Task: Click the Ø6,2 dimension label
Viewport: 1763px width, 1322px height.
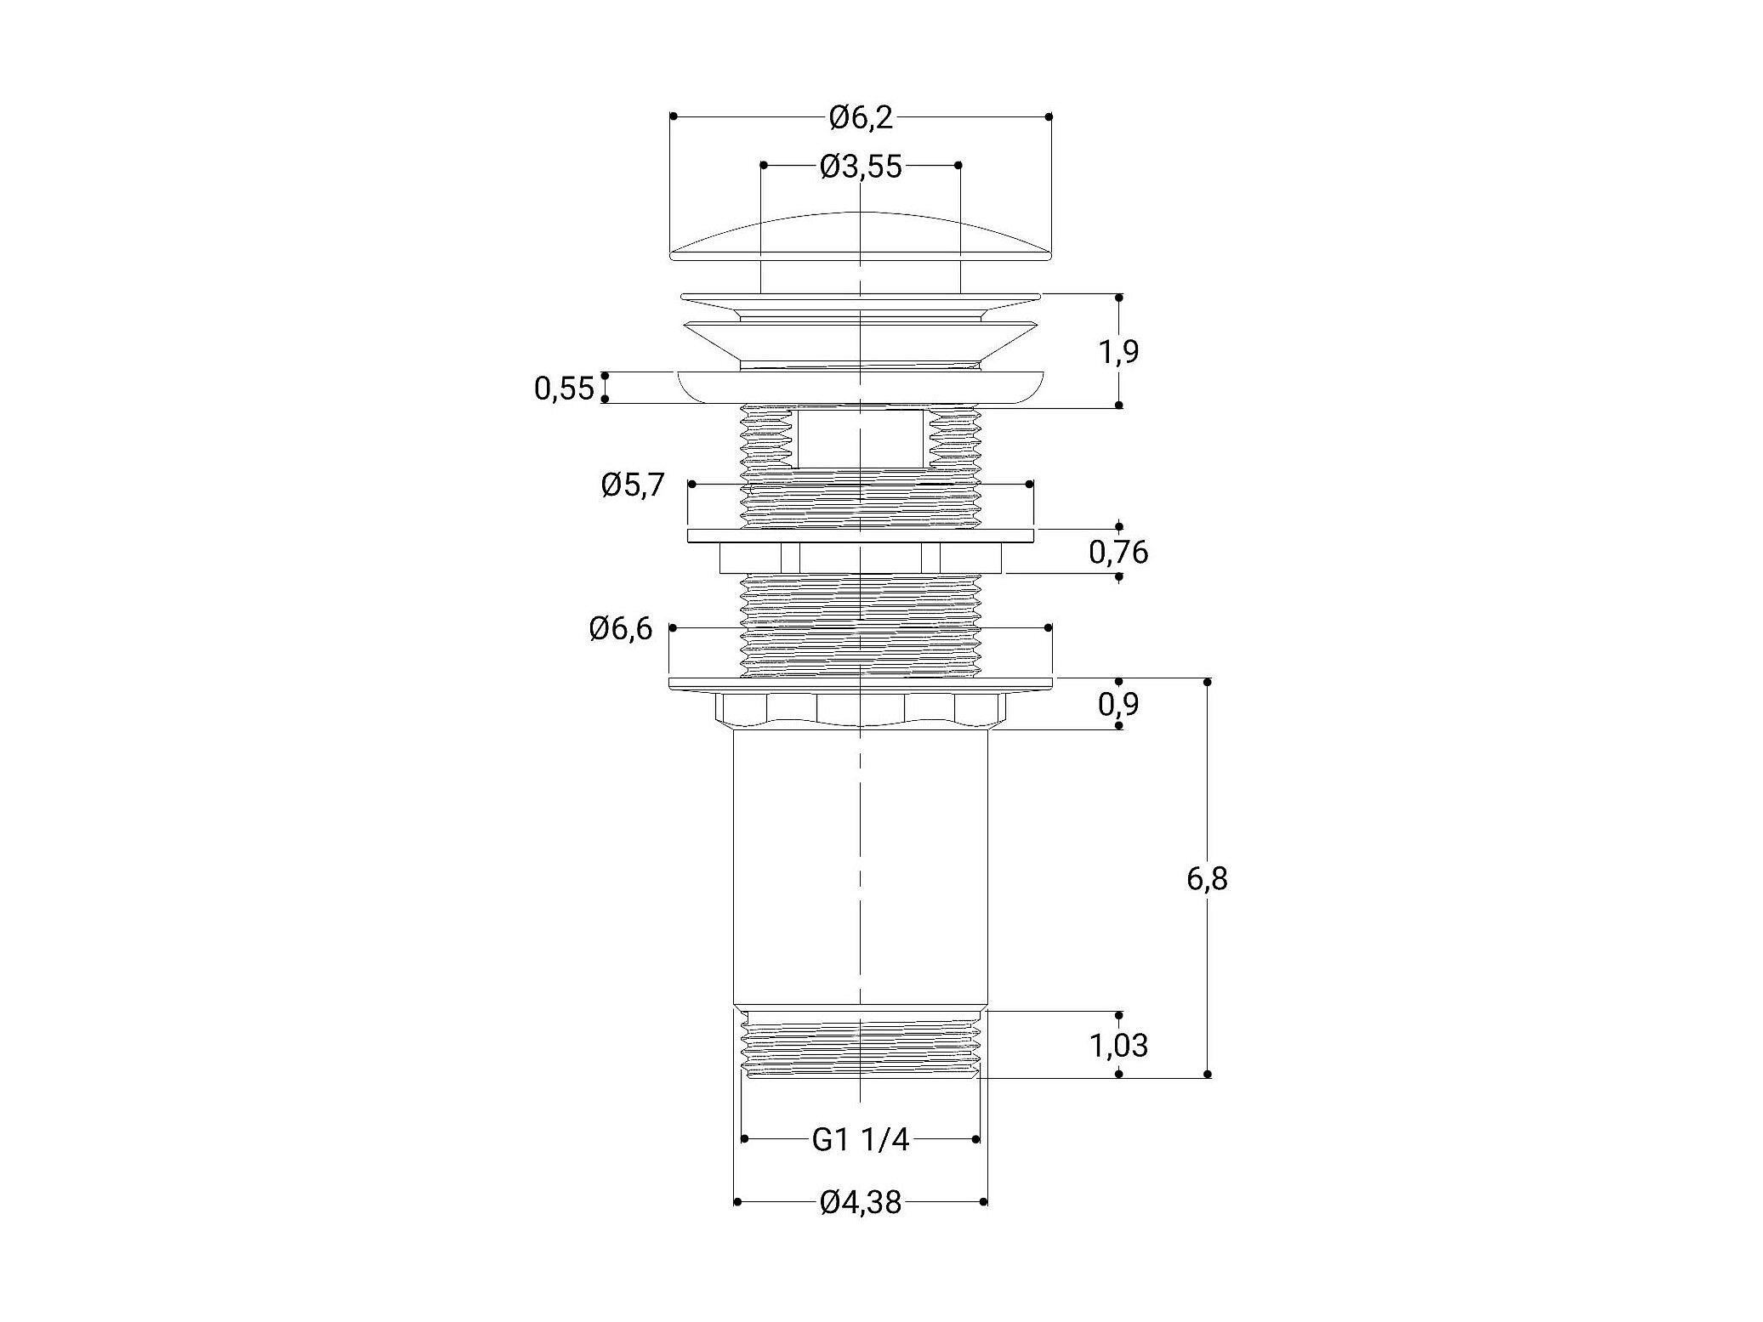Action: [861, 117]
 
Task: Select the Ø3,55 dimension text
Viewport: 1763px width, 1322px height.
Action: [861, 166]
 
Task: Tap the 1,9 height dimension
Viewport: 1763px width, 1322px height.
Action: [1118, 352]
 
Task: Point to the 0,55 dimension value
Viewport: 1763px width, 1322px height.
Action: [564, 389]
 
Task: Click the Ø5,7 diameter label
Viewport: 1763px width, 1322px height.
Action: [633, 486]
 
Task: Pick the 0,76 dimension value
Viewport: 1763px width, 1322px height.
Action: [1118, 553]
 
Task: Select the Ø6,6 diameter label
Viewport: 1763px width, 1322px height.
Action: [622, 629]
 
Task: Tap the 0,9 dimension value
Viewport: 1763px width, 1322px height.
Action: [1118, 704]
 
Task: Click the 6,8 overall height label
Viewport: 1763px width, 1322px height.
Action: [1207, 878]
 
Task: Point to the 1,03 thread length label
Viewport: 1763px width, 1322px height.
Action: [1118, 1045]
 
